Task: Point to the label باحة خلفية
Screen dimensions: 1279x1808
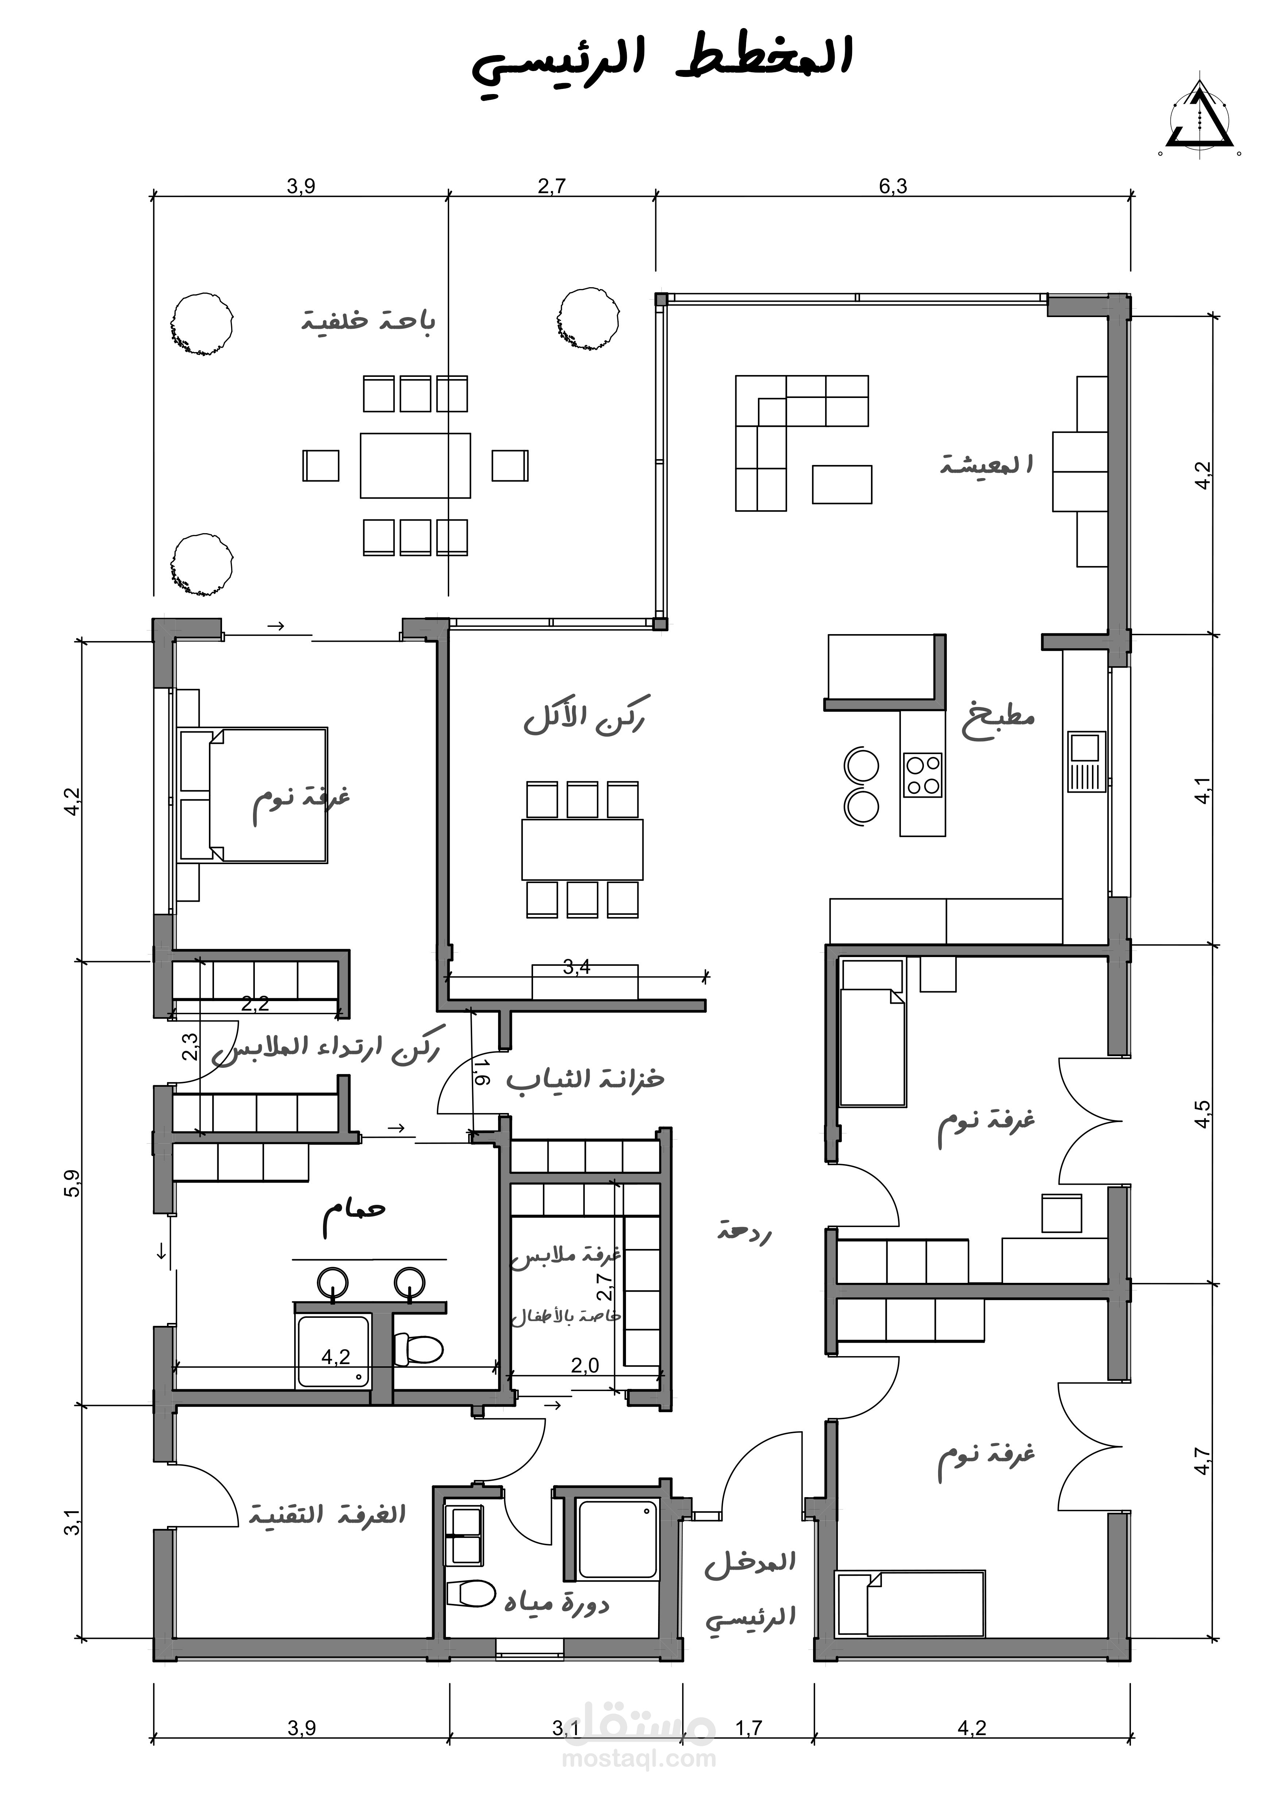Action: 368,321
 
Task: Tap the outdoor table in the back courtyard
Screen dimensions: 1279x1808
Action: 415,465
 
